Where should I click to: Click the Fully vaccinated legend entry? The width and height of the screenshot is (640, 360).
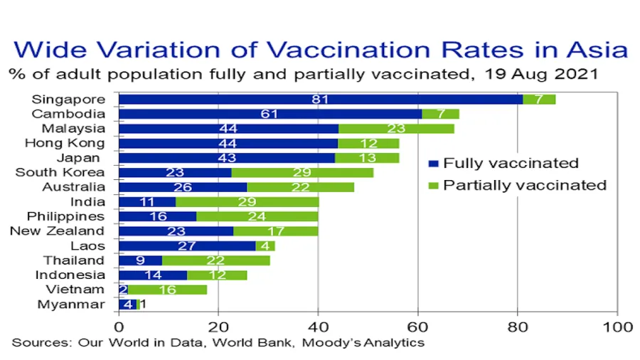[x=511, y=164]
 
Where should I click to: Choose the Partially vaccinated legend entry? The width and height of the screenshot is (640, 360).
[x=525, y=186]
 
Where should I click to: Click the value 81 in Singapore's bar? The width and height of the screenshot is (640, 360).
[x=320, y=100]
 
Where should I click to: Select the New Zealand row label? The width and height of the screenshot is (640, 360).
[x=57, y=231]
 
